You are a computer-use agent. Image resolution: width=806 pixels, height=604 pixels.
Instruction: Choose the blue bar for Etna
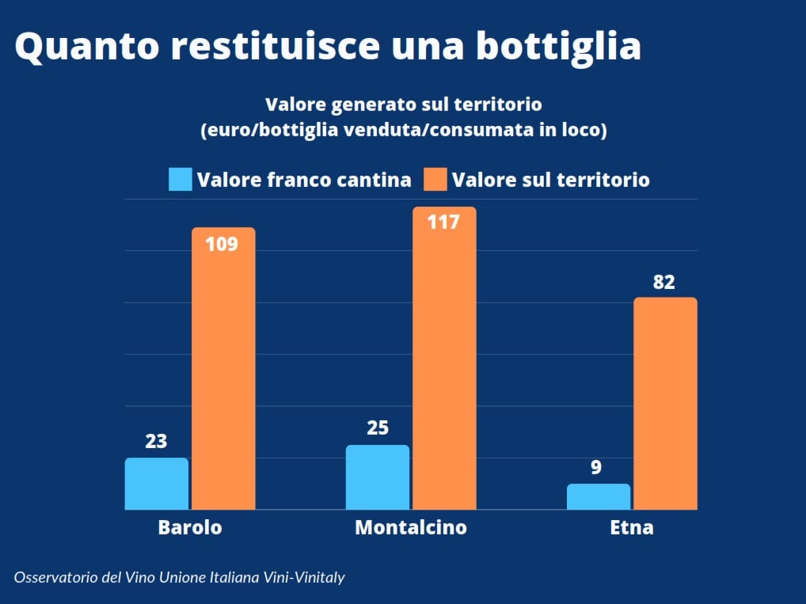(599, 496)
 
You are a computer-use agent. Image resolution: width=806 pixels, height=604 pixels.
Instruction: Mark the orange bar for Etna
(665, 404)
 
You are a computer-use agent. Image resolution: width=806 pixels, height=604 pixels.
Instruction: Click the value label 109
(222, 244)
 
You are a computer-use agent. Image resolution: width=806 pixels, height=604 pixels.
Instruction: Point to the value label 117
(443, 222)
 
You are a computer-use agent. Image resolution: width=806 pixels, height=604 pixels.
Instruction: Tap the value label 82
(664, 283)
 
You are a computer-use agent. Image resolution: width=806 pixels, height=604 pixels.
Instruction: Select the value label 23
(156, 441)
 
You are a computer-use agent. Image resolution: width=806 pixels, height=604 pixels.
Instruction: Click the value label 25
(378, 428)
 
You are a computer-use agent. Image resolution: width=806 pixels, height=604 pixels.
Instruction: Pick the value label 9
(596, 467)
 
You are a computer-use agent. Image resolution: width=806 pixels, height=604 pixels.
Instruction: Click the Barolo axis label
(190, 527)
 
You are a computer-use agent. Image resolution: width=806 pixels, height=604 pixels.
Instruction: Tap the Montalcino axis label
(410, 527)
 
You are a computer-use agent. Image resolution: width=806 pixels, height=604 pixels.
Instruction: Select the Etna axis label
(632, 527)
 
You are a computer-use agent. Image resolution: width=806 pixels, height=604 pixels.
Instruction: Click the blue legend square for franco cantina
(181, 180)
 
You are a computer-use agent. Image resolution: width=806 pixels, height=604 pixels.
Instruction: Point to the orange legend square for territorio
(435, 180)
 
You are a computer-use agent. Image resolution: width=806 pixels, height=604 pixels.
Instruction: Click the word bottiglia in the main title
(558, 46)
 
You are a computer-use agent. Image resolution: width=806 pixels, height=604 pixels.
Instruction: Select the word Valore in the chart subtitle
(296, 104)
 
